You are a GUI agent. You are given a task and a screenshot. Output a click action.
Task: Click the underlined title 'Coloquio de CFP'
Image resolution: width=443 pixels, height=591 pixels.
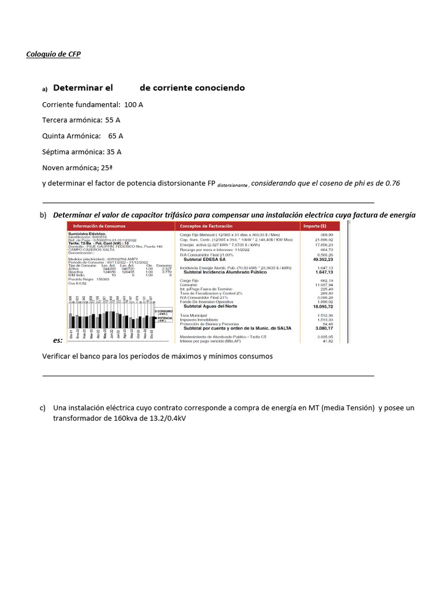(x=54, y=55)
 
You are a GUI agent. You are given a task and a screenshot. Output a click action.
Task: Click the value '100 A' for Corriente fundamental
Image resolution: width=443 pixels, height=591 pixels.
(x=133, y=104)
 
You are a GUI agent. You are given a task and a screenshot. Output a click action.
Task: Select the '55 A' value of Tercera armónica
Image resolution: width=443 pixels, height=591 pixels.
(x=112, y=120)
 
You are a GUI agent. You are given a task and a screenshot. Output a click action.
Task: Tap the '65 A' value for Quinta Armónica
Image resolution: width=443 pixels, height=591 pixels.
(x=115, y=136)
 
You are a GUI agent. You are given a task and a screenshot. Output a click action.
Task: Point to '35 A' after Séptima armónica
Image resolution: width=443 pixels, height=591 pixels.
(x=114, y=152)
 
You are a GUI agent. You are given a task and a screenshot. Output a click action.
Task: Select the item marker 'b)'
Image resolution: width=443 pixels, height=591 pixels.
(x=43, y=215)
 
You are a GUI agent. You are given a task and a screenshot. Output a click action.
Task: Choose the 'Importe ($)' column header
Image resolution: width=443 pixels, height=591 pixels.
(x=314, y=226)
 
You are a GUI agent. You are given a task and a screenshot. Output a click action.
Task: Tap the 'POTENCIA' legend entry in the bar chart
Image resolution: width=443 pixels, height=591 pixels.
(x=166, y=318)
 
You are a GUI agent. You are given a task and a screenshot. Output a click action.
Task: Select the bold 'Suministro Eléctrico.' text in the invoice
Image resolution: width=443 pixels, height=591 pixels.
(x=87, y=233)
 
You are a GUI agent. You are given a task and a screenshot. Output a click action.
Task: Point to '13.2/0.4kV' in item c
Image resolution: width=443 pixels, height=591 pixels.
(x=167, y=418)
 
